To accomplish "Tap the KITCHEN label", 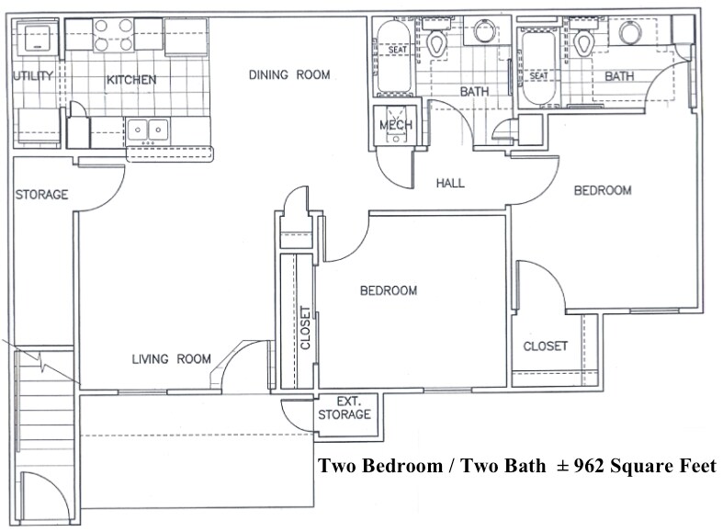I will (x=131, y=80).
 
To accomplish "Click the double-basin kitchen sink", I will (x=147, y=130).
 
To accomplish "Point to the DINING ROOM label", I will (x=288, y=75).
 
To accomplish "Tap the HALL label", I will (x=450, y=183).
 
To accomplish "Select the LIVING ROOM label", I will (x=171, y=358).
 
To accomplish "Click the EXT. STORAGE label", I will (x=345, y=408).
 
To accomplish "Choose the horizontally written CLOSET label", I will (x=545, y=346).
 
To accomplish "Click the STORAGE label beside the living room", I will (x=41, y=195).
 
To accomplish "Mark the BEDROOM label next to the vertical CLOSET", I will (x=388, y=290).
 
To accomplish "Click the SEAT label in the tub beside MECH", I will (x=396, y=75).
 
